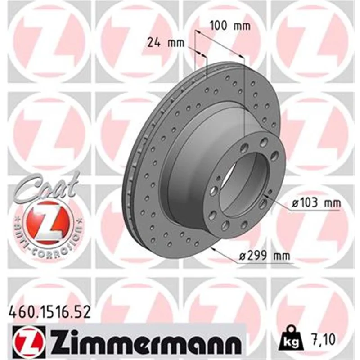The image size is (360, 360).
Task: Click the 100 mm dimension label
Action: coord(230,26)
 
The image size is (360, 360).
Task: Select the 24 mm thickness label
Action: coord(166,42)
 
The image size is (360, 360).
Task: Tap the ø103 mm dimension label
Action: coord(316,203)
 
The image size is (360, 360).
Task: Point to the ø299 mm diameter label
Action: coord(265,255)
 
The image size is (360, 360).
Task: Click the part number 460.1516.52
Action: coord(49,312)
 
